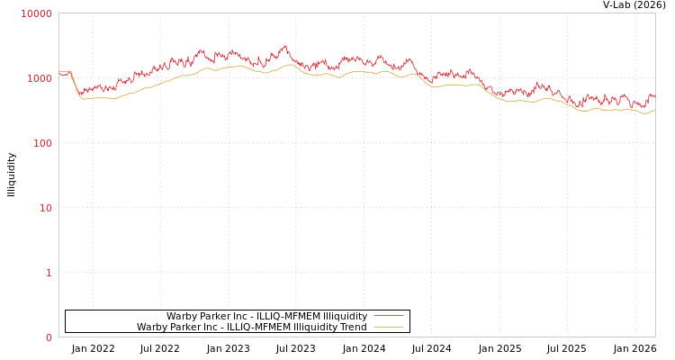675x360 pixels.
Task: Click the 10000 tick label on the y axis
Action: pos(37,13)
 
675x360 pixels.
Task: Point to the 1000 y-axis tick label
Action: pos(40,78)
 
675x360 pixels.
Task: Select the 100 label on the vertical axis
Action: pos(42,143)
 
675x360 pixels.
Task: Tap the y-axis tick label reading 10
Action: pos(45,208)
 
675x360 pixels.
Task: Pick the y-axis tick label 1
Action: pos(49,273)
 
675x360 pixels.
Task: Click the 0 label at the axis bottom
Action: pos(49,337)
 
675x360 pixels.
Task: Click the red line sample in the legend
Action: pos(388,316)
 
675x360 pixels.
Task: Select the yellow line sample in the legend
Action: pos(388,327)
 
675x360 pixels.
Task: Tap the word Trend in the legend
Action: pos(352,327)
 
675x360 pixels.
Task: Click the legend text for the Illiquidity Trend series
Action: pos(251,327)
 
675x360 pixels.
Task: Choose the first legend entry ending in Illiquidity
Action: pos(266,316)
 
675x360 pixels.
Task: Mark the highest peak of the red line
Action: pos(284,46)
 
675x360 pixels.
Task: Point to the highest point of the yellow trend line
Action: pos(290,64)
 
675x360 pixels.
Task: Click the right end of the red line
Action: pos(654,95)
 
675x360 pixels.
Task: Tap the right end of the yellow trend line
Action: pos(654,110)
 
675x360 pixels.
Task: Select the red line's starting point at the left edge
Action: pos(59,73)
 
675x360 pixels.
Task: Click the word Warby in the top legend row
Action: pos(183,316)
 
